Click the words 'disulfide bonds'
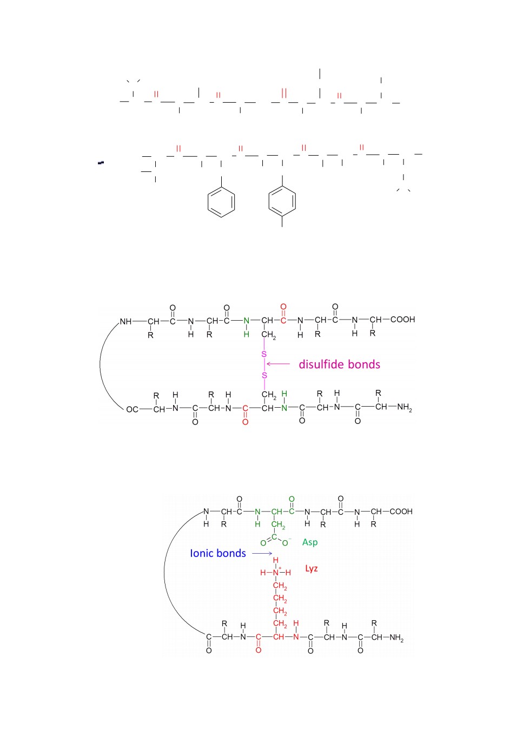[339, 364]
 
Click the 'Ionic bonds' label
[218, 553]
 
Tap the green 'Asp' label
[310, 542]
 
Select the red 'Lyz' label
[312, 569]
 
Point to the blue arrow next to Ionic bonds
[262, 553]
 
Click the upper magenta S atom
[264, 354]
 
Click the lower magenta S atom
[264, 375]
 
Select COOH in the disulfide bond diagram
[402, 320]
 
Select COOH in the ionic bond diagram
[401, 512]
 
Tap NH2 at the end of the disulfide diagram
[405, 407]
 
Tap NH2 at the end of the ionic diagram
[396, 638]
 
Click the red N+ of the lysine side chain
[276, 573]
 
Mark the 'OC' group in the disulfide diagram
[132, 409]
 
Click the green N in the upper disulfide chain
[247, 321]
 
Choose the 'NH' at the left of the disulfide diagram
[125, 322]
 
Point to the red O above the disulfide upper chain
[283, 307]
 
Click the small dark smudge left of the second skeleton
[101, 162]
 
